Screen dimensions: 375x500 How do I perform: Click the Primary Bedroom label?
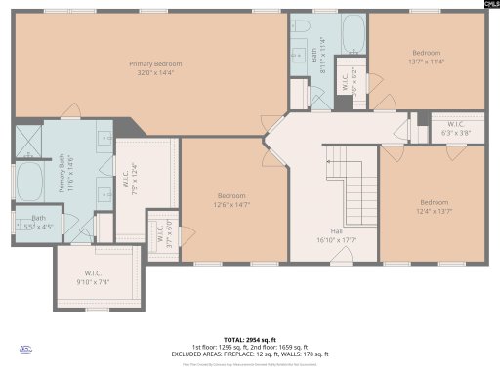point(155,64)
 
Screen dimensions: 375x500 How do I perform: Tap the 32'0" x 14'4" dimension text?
point(155,72)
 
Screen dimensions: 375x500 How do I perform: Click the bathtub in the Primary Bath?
point(28,182)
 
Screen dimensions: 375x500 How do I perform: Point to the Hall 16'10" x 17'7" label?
point(333,234)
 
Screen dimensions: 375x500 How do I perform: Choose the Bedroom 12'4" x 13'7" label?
point(435,207)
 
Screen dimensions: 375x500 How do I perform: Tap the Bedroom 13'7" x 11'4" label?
point(427,57)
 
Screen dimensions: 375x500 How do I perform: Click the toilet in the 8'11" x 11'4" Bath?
point(302,27)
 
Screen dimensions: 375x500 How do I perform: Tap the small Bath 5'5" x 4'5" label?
point(37,222)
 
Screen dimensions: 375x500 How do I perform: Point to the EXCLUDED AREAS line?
point(249,352)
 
